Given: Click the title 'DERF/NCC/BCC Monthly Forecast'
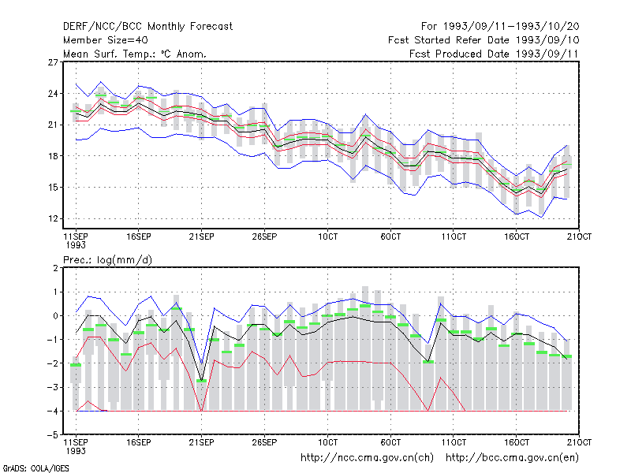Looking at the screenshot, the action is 147,27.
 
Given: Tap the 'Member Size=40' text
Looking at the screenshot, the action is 106,40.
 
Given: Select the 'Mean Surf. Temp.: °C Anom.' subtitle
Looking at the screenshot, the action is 134,54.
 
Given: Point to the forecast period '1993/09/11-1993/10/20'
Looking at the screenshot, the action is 511,27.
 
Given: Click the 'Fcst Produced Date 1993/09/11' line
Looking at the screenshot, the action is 494,54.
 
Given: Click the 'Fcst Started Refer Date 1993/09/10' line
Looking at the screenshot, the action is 484,40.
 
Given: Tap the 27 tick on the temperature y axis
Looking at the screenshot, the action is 53,62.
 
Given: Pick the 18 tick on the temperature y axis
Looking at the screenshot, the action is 53,156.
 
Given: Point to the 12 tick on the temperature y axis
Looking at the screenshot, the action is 53,219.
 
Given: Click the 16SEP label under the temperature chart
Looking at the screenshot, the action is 139,236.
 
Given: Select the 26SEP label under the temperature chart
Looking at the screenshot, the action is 264,236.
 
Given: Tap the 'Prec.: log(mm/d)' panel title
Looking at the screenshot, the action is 107,260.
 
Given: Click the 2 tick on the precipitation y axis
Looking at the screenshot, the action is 55,268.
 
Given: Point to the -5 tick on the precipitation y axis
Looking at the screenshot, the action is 53,435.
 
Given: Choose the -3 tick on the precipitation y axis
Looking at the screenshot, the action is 53,387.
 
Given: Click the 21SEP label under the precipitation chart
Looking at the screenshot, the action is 201,442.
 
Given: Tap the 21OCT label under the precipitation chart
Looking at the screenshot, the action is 579,442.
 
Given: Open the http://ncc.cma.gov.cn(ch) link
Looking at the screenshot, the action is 367,458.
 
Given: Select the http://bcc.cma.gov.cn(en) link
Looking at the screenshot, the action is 512,458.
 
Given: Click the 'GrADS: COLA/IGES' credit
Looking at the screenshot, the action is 35,468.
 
